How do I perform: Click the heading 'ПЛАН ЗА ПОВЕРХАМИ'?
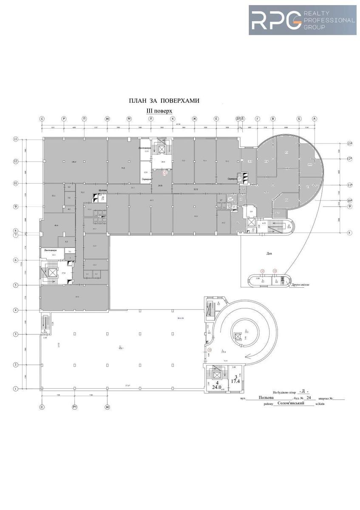pyautogui.click(x=164, y=101)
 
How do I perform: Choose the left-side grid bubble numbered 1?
pyautogui.click(x=15, y=388)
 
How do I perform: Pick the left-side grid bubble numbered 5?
pyautogui.click(x=15, y=285)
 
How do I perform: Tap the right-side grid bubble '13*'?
pyautogui.click(x=350, y=144)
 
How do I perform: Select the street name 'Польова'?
pyautogui.click(x=266, y=398)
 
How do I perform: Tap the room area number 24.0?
pyautogui.click(x=217, y=388)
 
